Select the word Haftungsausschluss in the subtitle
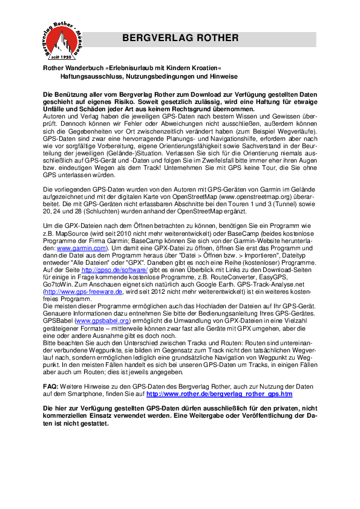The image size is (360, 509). click(x=90, y=77)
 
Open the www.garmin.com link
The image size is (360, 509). click(x=82, y=248)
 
